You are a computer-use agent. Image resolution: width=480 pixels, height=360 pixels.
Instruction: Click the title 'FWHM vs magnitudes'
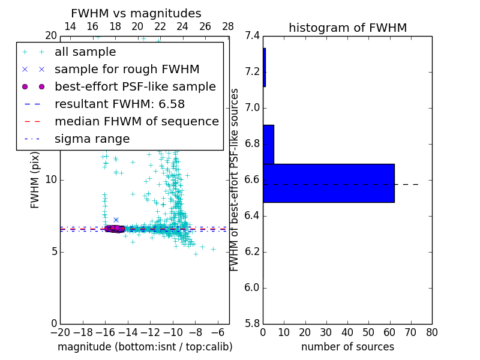(136, 14)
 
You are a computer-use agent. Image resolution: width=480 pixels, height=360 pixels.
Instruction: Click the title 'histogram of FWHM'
(347, 28)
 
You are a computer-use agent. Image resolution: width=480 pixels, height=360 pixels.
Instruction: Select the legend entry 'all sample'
(85, 52)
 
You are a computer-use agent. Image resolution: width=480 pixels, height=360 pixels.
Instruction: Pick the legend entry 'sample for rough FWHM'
(127, 70)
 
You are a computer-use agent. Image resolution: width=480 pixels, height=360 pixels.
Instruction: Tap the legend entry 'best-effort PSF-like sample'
(135, 87)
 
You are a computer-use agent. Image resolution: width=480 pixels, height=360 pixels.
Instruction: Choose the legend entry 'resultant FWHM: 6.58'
(119, 104)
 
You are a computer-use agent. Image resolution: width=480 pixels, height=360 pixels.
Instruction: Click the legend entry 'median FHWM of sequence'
(136, 122)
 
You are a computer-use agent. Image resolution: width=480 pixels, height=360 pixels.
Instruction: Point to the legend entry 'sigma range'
(92, 139)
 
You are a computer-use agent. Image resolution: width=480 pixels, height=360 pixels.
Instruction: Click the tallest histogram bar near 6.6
(328, 183)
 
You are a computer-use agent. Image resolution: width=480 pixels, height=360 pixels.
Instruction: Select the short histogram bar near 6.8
(268, 145)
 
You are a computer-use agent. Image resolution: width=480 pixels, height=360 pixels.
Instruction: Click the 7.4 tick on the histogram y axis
(252, 36)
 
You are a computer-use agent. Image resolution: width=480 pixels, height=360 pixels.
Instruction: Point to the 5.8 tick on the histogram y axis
(252, 324)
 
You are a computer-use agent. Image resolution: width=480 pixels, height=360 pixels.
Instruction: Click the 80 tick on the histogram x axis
(432, 332)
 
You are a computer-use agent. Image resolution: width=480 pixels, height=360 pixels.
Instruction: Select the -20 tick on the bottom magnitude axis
(60, 332)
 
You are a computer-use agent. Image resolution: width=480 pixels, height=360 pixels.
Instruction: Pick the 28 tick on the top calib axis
(228, 27)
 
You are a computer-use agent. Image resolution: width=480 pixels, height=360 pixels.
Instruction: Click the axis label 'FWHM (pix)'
(35, 179)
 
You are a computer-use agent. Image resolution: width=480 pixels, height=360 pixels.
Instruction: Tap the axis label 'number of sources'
(347, 347)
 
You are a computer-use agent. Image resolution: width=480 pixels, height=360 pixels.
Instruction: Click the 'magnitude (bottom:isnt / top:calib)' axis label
(145, 347)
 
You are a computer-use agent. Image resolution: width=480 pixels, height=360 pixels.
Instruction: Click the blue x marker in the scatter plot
(116, 220)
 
